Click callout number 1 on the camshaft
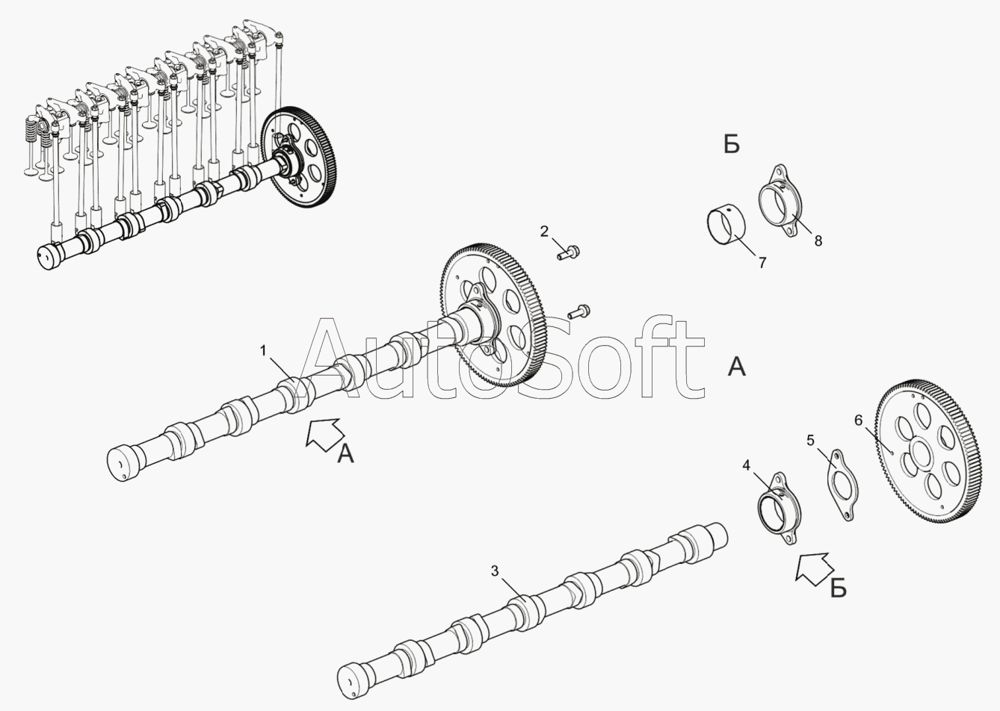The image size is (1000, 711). pyautogui.click(x=263, y=350)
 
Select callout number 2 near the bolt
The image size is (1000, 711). pyautogui.click(x=544, y=232)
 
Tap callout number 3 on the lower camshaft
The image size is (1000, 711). pyautogui.click(x=494, y=571)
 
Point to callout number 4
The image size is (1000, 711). pyautogui.click(x=747, y=466)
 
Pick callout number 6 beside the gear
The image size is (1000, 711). pyautogui.click(x=859, y=420)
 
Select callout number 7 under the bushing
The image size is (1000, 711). pyautogui.click(x=762, y=263)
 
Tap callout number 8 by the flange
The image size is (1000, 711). pyautogui.click(x=818, y=241)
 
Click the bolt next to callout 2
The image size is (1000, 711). pyautogui.click(x=568, y=253)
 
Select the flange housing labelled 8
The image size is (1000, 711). pyautogui.click(x=780, y=201)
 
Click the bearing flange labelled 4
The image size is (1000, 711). pyautogui.click(x=780, y=509)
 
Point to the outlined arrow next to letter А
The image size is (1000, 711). pyautogui.click(x=324, y=434)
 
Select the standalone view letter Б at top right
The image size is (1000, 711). pyautogui.click(x=732, y=144)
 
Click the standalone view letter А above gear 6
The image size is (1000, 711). pyautogui.click(x=737, y=367)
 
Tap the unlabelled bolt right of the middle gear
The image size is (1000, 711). pyautogui.click(x=578, y=311)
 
